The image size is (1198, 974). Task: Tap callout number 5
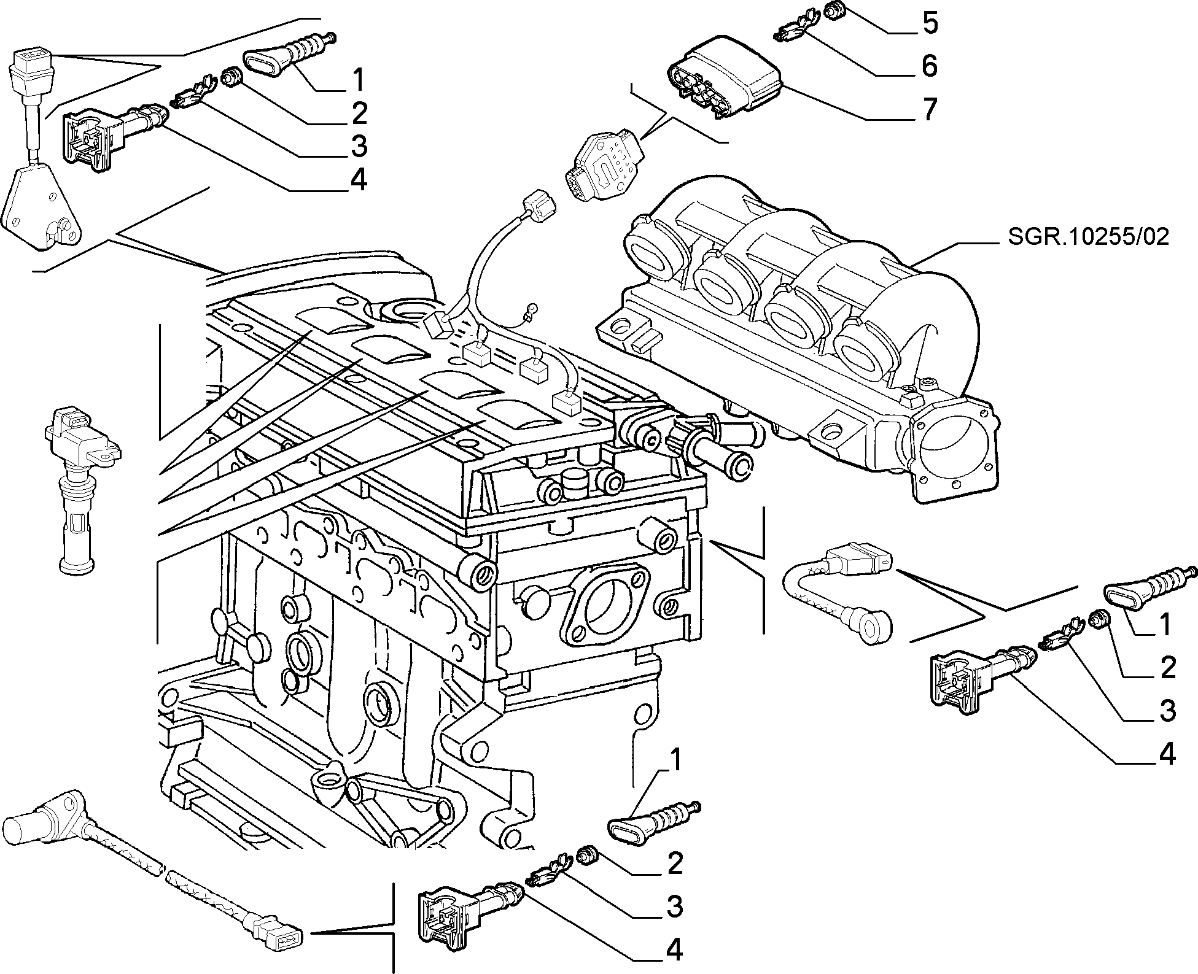pos(930,24)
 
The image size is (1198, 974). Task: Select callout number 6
pos(930,66)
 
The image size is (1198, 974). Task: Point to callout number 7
pos(930,110)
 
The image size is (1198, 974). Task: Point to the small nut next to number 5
pos(833,10)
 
